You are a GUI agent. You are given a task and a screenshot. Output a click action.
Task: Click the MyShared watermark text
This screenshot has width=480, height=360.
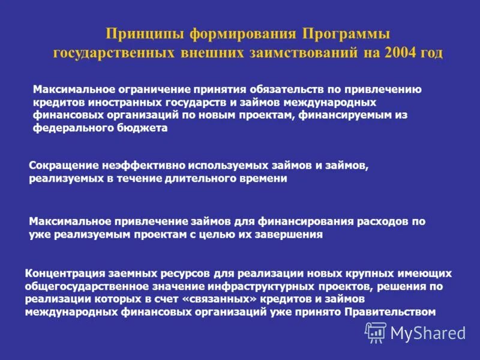point(428,332)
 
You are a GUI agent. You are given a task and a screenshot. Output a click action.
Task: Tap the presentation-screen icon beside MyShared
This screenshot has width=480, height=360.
point(376,332)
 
